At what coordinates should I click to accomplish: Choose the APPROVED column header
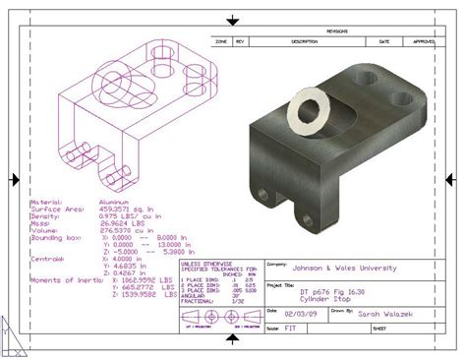point(425,42)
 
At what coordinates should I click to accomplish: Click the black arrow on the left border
point(14,179)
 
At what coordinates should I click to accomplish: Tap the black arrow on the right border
point(453,179)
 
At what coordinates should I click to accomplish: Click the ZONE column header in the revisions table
point(221,42)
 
